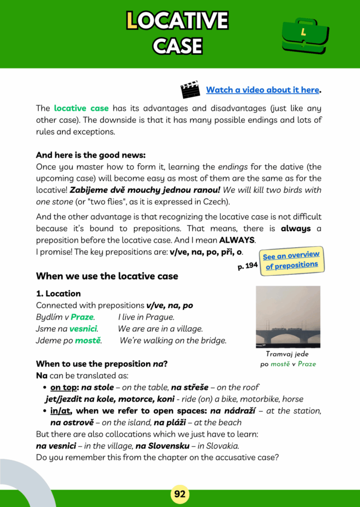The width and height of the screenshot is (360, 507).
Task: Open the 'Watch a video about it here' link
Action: pyautogui.click(x=262, y=90)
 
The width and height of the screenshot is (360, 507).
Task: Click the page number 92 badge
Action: pyautogui.click(x=180, y=494)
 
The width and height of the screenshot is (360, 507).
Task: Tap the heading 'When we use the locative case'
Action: pyautogui.click(x=107, y=276)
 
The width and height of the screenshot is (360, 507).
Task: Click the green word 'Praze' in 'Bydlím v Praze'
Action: pyautogui.click(x=82, y=317)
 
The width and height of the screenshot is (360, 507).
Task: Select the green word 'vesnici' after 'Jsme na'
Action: pyautogui.click(x=83, y=329)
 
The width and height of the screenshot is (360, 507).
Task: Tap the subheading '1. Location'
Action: pyautogui.click(x=58, y=294)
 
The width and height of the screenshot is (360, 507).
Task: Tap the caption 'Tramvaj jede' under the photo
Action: pyautogui.click(x=287, y=354)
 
